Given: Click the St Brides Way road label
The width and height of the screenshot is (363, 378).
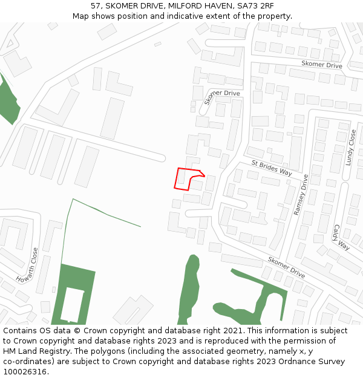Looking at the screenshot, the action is [x=272, y=168].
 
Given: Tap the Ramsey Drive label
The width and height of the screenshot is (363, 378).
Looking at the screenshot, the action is [x=301, y=195].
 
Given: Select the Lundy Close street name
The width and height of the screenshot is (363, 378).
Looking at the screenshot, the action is [x=352, y=147].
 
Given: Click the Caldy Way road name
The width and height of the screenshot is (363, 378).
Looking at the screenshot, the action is [x=341, y=238].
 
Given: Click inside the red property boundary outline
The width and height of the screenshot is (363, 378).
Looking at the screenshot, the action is [x=183, y=179].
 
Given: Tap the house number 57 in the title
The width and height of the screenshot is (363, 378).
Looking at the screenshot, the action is [x=95, y=5].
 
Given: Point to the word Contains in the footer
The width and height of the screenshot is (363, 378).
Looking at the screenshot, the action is [x=20, y=331].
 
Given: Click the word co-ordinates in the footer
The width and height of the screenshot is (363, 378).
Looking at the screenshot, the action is [x=25, y=361].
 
